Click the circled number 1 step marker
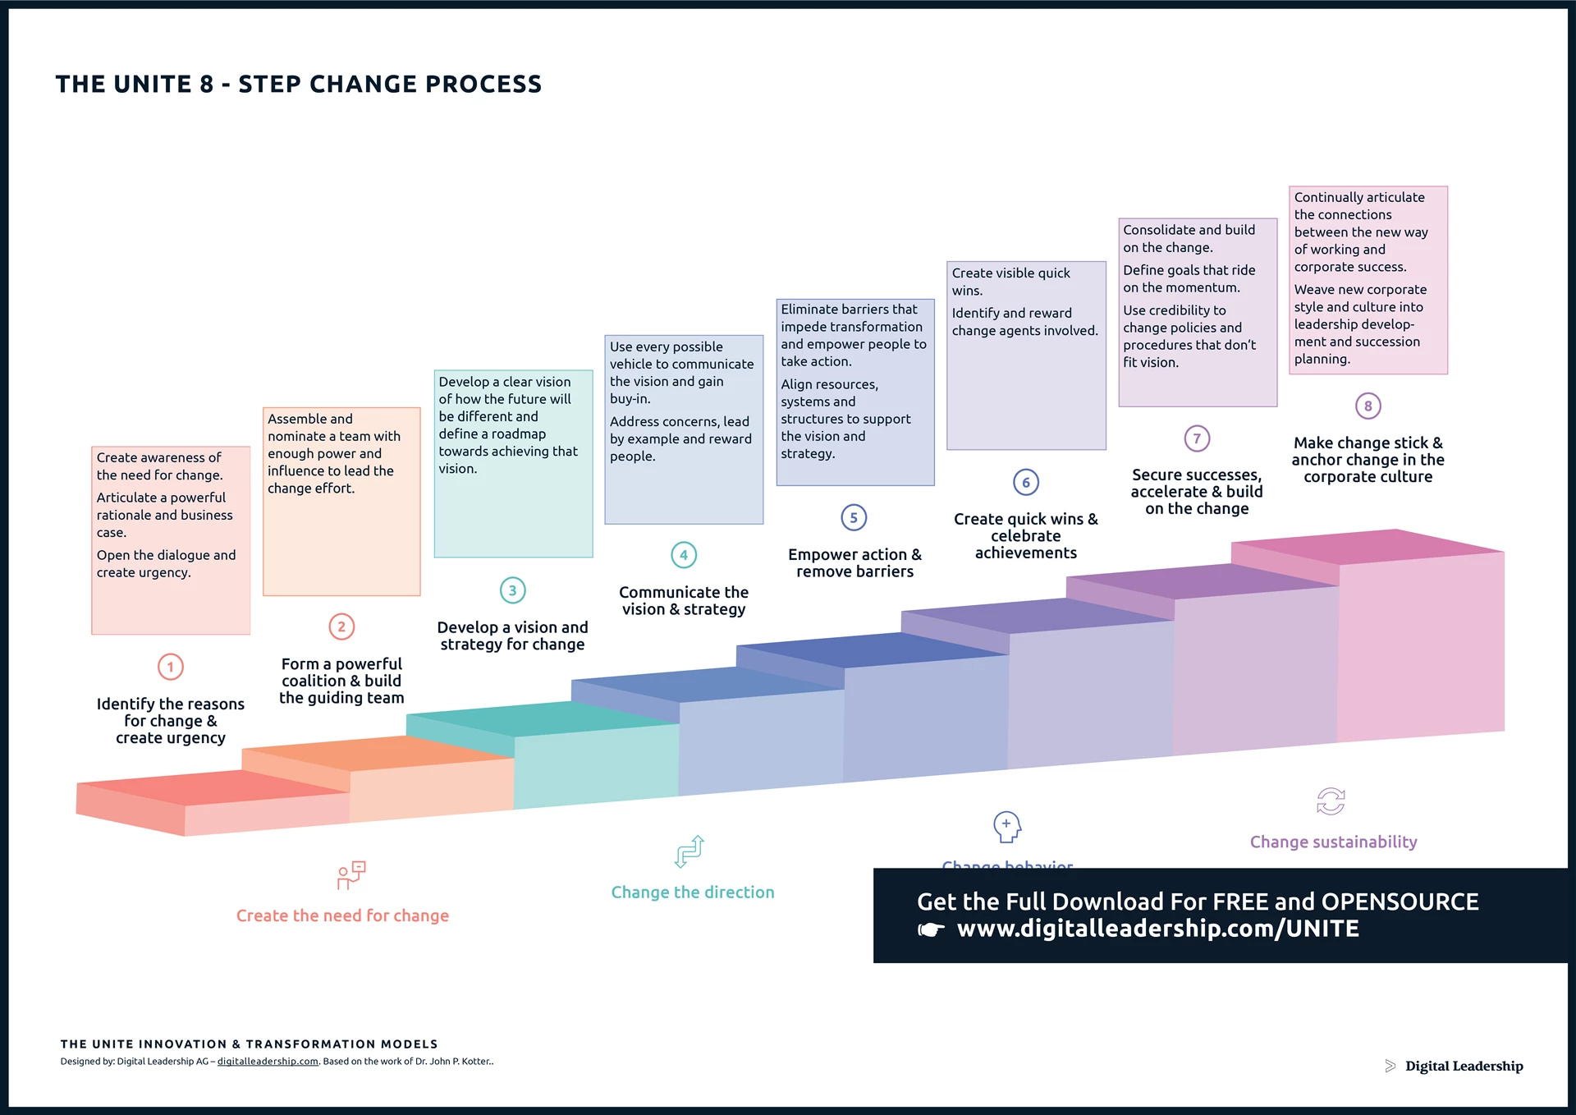click(x=171, y=667)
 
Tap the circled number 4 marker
click(x=684, y=555)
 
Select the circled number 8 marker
click(x=1368, y=406)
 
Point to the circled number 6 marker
click(x=1026, y=482)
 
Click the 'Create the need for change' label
click(x=342, y=915)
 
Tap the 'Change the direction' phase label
click(x=692, y=892)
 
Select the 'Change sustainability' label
click(x=1333, y=842)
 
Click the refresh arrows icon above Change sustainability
click(x=1331, y=801)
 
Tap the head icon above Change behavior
click(x=1007, y=827)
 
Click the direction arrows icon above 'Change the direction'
click(x=689, y=851)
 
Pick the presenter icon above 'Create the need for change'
click(x=351, y=875)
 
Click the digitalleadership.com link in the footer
click(x=268, y=1062)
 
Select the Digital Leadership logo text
click(x=1464, y=1066)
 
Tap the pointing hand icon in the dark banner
click(x=931, y=930)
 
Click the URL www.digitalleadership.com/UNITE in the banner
click(x=1157, y=929)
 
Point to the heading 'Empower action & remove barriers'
click(x=854, y=563)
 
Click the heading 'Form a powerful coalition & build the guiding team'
click(x=341, y=681)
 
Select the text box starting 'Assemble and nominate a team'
click(x=341, y=501)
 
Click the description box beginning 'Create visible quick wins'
click(x=1026, y=356)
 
